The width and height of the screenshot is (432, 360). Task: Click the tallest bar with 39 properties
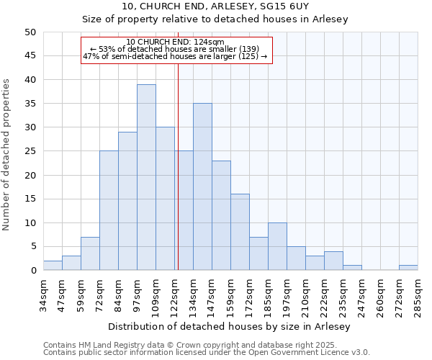click(x=146, y=177)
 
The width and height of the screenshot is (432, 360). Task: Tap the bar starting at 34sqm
click(x=53, y=266)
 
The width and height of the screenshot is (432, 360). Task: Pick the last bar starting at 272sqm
click(x=408, y=268)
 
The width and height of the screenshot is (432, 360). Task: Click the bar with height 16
click(x=240, y=232)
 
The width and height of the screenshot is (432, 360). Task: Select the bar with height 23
click(x=221, y=215)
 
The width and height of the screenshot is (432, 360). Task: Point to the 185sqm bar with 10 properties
click(x=277, y=246)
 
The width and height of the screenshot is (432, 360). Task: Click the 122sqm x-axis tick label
click(x=175, y=294)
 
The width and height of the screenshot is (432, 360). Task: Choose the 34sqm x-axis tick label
click(x=44, y=294)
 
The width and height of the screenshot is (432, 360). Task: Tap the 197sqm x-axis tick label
click(x=287, y=294)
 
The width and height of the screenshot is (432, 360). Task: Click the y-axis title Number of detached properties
click(x=6, y=155)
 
